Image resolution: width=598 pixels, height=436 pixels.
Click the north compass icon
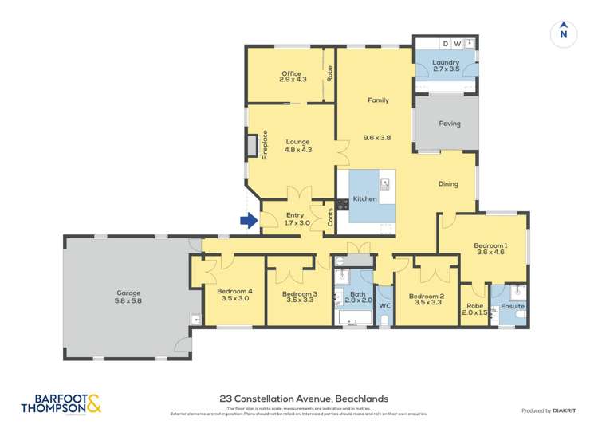(563, 32)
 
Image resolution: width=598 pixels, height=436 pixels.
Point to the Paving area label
(450, 124)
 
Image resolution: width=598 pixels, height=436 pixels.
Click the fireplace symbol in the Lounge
(253, 145)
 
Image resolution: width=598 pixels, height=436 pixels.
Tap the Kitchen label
(364, 198)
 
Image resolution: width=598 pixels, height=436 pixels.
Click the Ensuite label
(512, 305)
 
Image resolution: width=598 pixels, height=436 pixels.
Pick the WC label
(384, 305)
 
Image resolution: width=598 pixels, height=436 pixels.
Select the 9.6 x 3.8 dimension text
(377, 137)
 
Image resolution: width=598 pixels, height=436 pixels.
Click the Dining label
(448, 184)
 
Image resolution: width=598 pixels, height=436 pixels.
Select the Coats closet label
(330, 217)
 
